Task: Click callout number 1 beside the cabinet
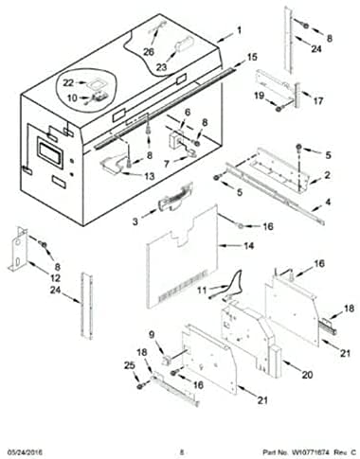click(x=239, y=30)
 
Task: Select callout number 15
click(x=251, y=59)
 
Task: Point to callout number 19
click(x=258, y=95)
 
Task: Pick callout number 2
click(x=327, y=176)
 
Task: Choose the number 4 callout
click(x=328, y=203)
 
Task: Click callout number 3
click(x=135, y=222)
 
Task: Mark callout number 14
click(x=249, y=246)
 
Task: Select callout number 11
click(x=201, y=290)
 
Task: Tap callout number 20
click(x=306, y=375)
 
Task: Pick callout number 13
click(x=149, y=176)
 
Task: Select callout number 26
click(x=148, y=52)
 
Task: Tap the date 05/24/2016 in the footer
click(x=27, y=451)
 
